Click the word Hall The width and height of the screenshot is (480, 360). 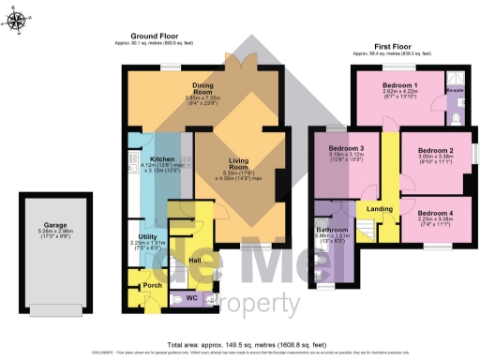[194, 259]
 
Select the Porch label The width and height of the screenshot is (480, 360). [152, 284]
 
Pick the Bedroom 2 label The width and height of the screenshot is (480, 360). [436, 150]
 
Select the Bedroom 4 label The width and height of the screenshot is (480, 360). [436, 213]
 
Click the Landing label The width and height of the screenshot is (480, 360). [379, 208]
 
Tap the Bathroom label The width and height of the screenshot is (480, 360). [333, 229]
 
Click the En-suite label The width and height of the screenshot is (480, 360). [456, 91]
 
